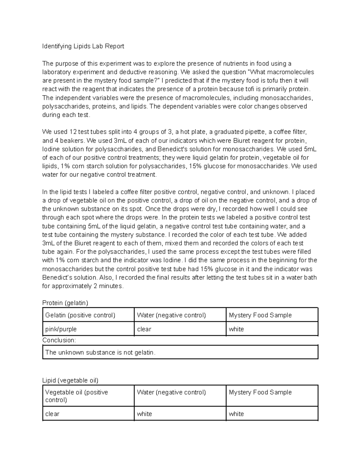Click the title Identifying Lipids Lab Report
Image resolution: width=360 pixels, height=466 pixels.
tap(83, 46)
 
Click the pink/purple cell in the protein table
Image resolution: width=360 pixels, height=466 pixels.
tap(61, 329)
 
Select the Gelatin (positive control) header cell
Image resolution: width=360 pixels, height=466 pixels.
tap(80, 315)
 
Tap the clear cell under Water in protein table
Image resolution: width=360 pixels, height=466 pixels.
tap(144, 329)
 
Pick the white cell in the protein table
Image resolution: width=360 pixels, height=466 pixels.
tap(236, 329)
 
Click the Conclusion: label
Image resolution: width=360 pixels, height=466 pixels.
tap(59, 340)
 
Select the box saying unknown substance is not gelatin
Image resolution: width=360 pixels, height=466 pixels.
tap(180, 352)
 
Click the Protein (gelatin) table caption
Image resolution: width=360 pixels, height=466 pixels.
tap(65, 303)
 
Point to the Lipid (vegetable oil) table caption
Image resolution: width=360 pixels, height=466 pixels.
tap(70, 380)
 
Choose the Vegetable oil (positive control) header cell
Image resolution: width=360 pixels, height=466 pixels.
tap(76, 396)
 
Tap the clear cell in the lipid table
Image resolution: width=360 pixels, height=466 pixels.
tap(52, 414)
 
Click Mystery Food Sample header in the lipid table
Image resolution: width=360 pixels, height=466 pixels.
tap(260, 392)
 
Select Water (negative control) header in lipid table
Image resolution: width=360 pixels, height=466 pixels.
tap(171, 392)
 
